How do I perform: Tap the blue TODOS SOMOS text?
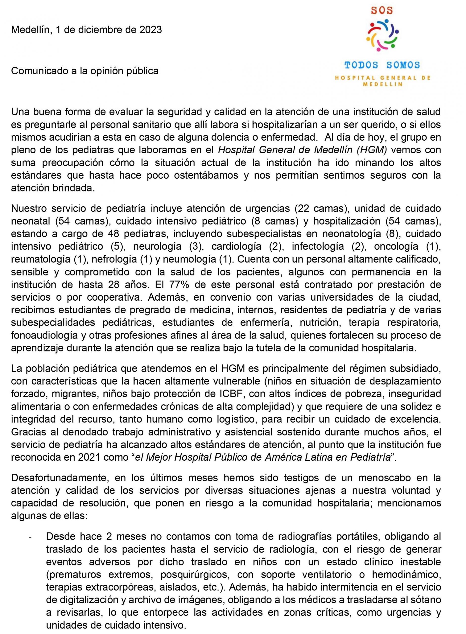(382, 65)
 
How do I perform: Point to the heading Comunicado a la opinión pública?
(85, 71)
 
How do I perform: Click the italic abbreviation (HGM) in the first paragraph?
(372, 150)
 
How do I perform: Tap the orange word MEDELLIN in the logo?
(382, 84)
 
